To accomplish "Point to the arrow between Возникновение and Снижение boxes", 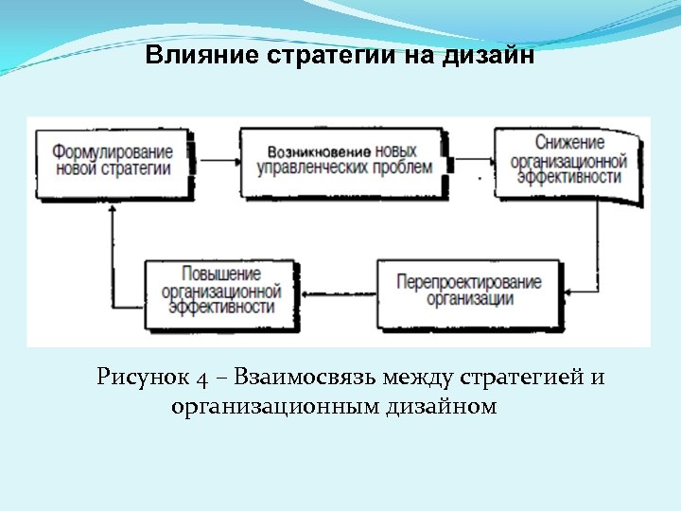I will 470,159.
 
